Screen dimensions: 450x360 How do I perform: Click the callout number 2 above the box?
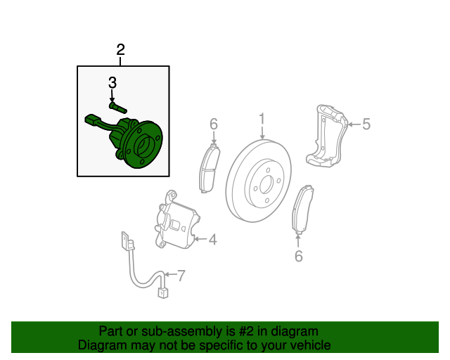pyautogui.click(x=120, y=50)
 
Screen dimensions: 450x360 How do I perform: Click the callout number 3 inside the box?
pyautogui.click(x=112, y=83)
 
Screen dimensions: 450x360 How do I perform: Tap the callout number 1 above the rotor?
pyautogui.click(x=262, y=119)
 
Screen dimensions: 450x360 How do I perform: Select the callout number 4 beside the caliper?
pyautogui.click(x=212, y=240)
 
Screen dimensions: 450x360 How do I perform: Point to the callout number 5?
pyautogui.click(x=366, y=124)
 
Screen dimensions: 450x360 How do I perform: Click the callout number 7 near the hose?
pyautogui.click(x=181, y=276)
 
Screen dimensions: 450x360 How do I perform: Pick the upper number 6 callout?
pyautogui.click(x=214, y=124)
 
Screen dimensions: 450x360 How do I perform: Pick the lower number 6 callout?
pyautogui.click(x=298, y=256)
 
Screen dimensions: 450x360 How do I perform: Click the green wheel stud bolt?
pyautogui.click(x=118, y=108)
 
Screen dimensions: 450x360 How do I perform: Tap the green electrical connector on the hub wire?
pyautogui.click(x=91, y=120)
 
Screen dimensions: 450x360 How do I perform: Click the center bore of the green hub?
pyautogui.click(x=143, y=146)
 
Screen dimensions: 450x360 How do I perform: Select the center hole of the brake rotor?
pyautogui.click(x=266, y=186)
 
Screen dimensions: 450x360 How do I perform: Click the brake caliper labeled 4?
pyautogui.click(x=176, y=221)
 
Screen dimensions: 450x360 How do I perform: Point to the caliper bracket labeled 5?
pyautogui.click(x=326, y=135)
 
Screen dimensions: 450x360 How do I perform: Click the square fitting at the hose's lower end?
pyautogui.click(x=162, y=293)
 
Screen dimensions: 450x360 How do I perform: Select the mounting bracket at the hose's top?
pyautogui.click(x=127, y=241)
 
